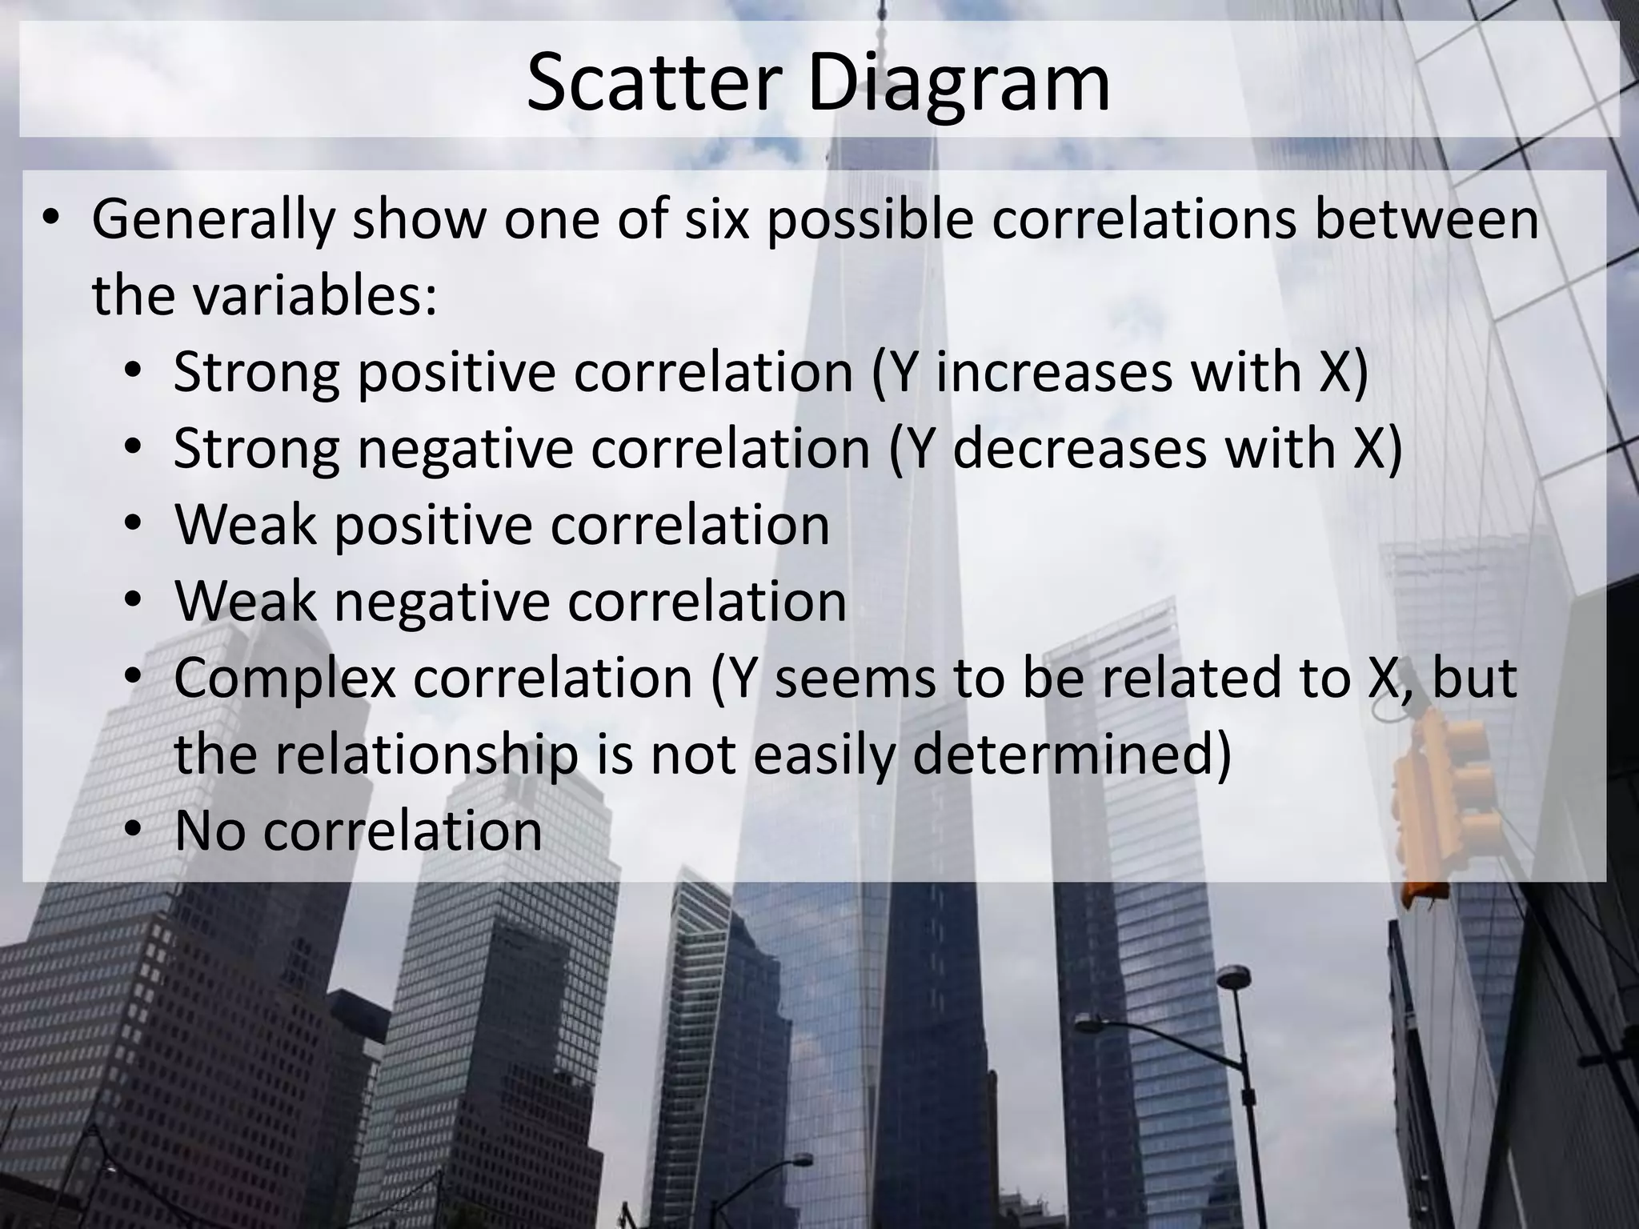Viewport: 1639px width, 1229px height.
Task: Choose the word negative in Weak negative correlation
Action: click(x=441, y=602)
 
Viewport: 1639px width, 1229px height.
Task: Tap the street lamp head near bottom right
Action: click(x=1233, y=977)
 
